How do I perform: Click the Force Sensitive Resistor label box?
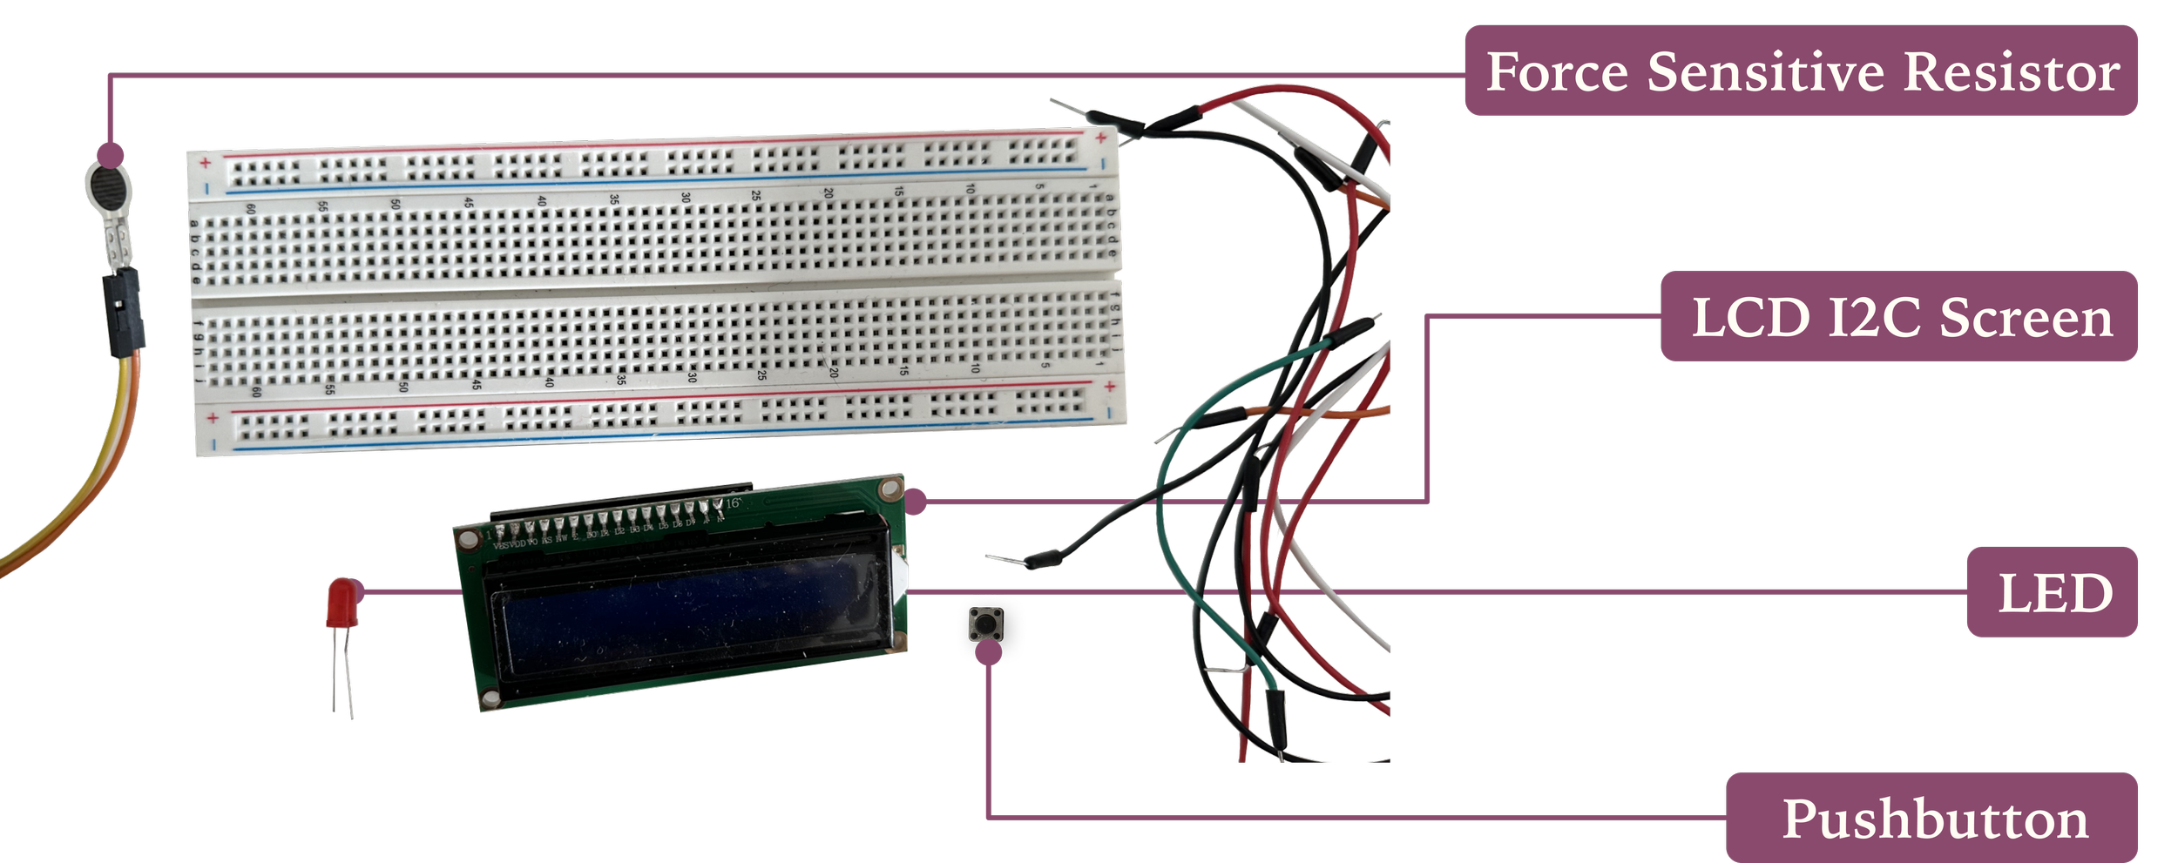(1800, 71)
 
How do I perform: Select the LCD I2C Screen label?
(1898, 316)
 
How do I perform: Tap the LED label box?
(2052, 592)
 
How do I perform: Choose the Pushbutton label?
(1931, 818)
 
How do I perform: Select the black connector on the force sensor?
(125, 314)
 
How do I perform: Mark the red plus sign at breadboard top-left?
(206, 163)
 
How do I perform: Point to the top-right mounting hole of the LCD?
(890, 489)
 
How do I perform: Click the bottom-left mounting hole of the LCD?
(490, 698)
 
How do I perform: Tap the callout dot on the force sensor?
(110, 156)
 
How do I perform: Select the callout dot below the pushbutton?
(988, 653)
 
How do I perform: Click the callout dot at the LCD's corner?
(916, 502)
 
